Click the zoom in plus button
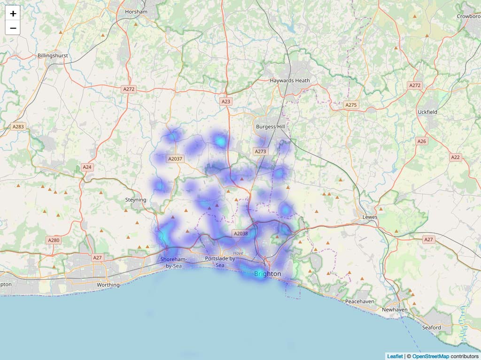pyautogui.click(x=13, y=14)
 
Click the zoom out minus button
pyautogui.click(x=13, y=28)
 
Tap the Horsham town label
pyautogui.click(x=136, y=11)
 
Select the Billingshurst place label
pyautogui.click(x=53, y=55)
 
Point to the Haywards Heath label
pyautogui.click(x=290, y=80)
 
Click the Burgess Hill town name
pyautogui.click(x=271, y=127)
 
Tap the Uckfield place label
pyautogui.click(x=427, y=112)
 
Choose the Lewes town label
pyautogui.click(x=370, y=217)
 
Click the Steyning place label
pyautogui.click(x=136, y=200)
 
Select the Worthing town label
pyautogui.click(x=108, y=285)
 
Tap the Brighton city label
pyautogui.click(x=268, y=274)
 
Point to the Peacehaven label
pyautogui.click(x=359, y=301)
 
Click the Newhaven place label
pyautogui.click(x=395, y=310)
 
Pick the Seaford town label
pyautogui.click(x=431, y=328)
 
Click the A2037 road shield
pyautogui.click(x=175, y=159)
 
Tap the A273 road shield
pyautogui.click(x=260, y=151)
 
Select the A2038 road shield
pyautogui.click(x=240, y=234)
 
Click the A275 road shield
pyautogui.click(x=351, y=105)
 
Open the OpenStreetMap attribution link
pyautogui.click(x=430, y=356)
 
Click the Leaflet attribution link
pyautogui.click(x=395, y=356)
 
